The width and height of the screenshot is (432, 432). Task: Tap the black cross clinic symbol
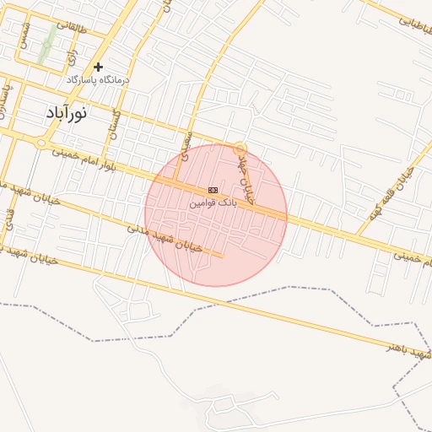tap(99, 67)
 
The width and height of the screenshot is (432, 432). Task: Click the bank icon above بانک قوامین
tap(213, 191)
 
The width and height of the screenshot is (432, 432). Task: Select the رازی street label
tap(73, 54)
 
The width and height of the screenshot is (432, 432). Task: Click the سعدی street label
tap(186, 143)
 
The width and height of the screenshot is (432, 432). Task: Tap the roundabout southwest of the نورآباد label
tap(40, 143)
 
